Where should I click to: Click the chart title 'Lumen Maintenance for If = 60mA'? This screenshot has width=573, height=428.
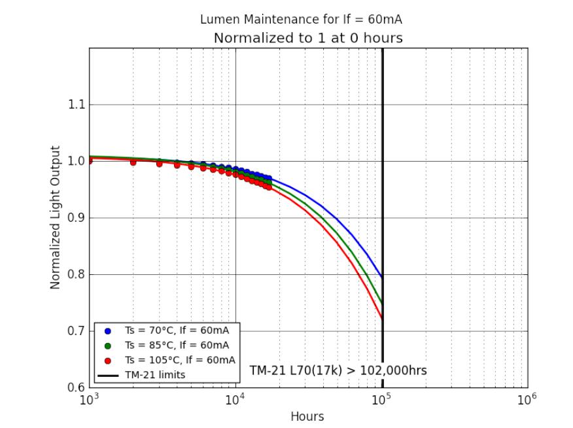pyautogui.click(x=301, y=20)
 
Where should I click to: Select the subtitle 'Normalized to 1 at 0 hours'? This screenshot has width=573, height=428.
pyautogui.click(x=308, y=38)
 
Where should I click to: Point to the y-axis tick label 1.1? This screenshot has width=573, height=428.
pyautogui.click(x=77, y=105)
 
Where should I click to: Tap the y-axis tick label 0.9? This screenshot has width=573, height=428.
pyautogui.click(x=77, y=218)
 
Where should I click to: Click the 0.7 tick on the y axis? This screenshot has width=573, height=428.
pyautogui.click(x=77, y=331)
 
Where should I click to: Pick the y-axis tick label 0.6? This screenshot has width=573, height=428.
pyautogui.click(x=77, y=387)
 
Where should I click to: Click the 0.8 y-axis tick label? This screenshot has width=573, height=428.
pyautogui.click(x=77, y=274)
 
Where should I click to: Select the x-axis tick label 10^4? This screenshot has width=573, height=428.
pyautogui.click(x=235, y=399)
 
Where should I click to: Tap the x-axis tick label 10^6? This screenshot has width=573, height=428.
pyautogui.click(x=527, y=399)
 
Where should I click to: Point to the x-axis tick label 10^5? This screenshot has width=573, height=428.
pyautogui.click(x=381, y=399)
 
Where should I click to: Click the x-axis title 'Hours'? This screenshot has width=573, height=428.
pyautogui.click(x=307, y=416)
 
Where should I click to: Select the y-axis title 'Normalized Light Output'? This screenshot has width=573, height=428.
pyautogui.click(x=55, y=217)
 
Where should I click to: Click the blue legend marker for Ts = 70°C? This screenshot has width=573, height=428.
pyautogui.click(x=108, y=331)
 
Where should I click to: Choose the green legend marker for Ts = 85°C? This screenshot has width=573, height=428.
pyautogui.click(x=108, y=346)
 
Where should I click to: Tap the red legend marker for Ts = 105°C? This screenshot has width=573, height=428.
pyautogui.click(x=108, y=361)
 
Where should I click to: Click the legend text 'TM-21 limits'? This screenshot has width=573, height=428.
pyautogui.click(x=155, y=375)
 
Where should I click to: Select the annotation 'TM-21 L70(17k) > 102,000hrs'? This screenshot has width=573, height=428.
pyautogui.click(x=338, y=370)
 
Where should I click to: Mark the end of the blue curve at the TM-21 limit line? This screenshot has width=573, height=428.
pyautogui.click(x=382, y=277)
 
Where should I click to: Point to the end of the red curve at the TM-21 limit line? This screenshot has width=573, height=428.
pyautogui.click(x=382, y=319)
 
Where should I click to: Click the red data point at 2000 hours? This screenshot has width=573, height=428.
pyautogui.click(x=133, y=162)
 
